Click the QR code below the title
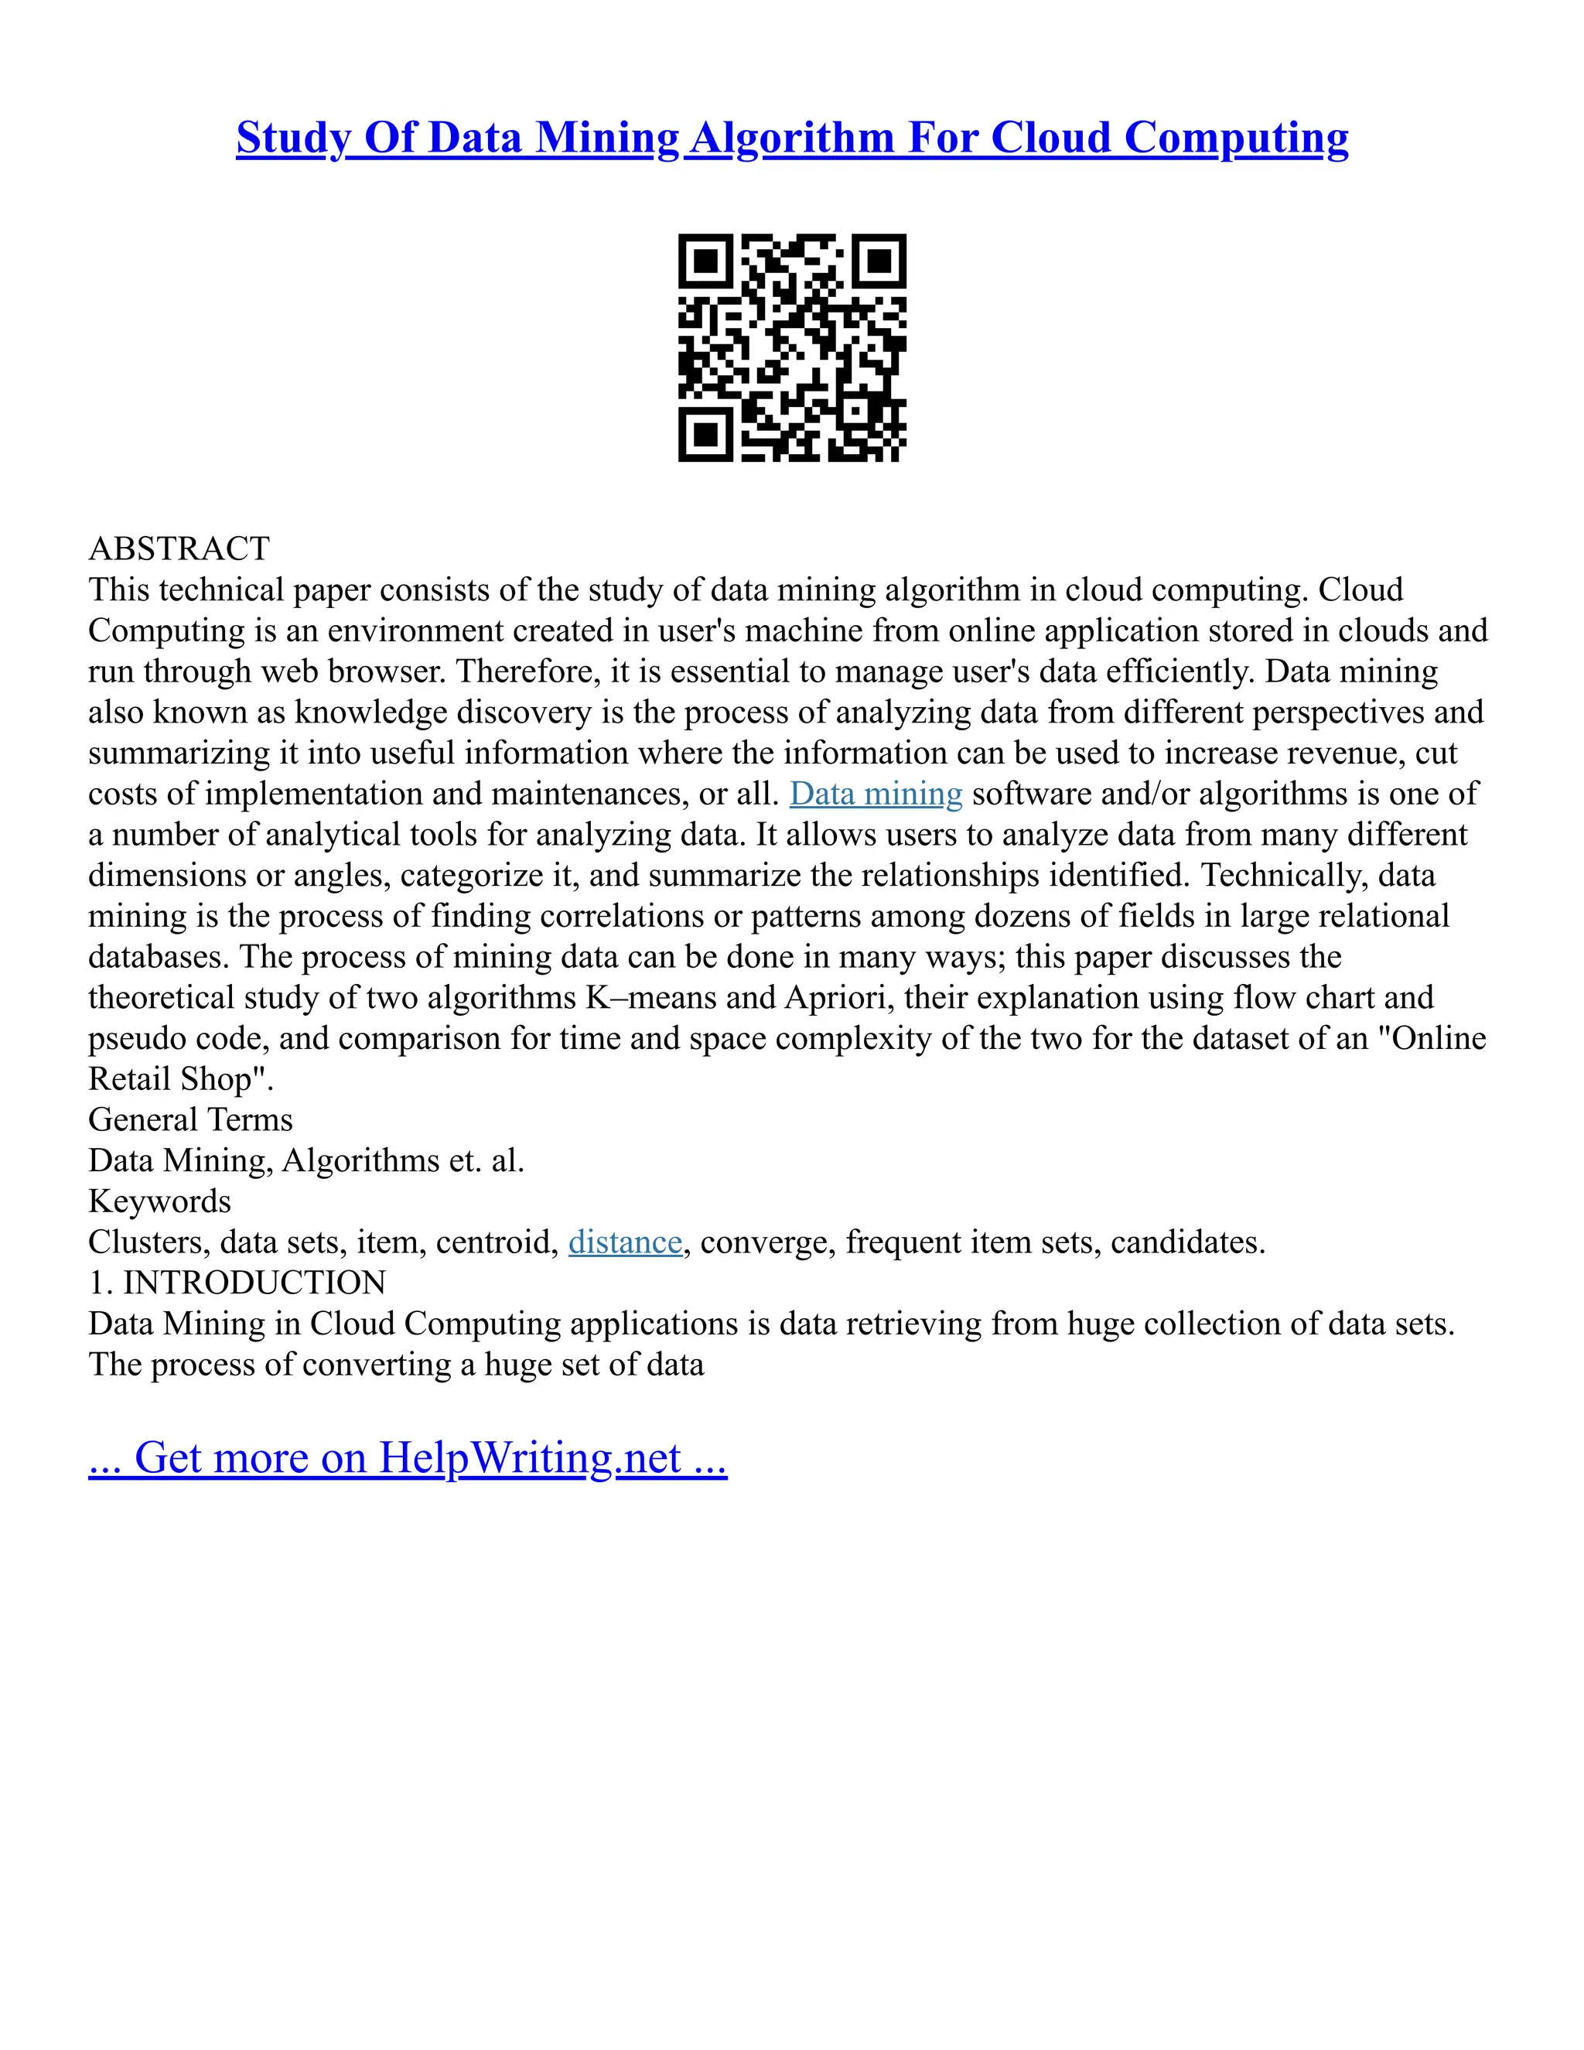[x=792, y=347]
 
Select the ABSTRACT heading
[x=179, y=548]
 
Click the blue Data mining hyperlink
[x=876, y=794]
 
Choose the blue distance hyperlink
[x=625, y=1242]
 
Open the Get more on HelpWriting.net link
[x=408, y=1457]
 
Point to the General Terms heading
[x=190, y=1120]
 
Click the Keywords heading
[x=159, y=1201]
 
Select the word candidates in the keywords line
[x=1188, y=1242]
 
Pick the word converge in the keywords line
[x=769, y=1242]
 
